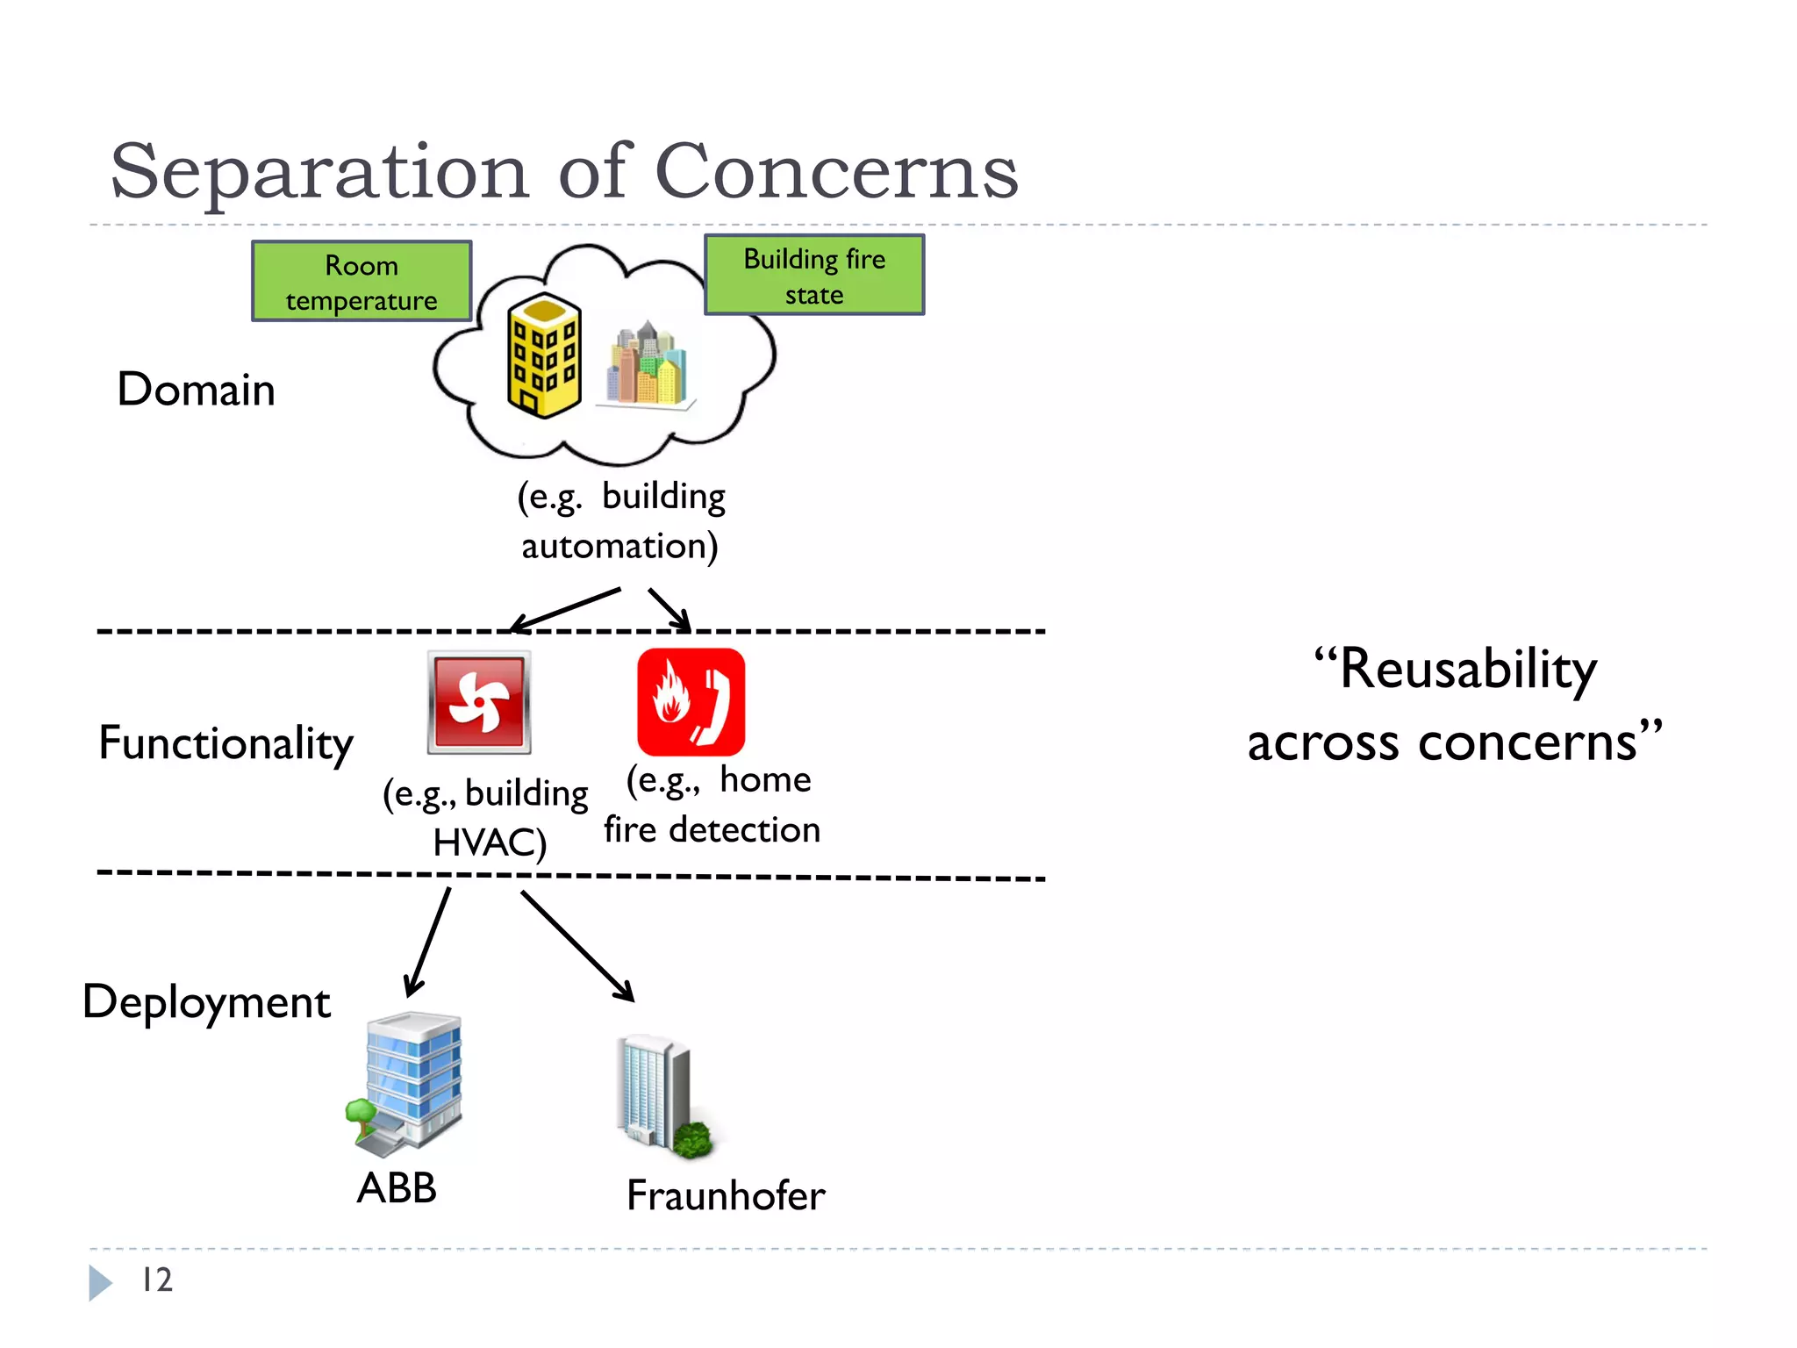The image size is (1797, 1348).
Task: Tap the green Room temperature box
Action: [362, 282]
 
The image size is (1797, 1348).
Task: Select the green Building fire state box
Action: [814, 276]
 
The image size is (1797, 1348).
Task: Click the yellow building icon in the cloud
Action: [544, 355]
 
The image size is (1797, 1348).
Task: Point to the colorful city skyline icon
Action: [648, 364]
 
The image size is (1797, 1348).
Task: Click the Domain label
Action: [196, 390]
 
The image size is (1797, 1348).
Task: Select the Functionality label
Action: [226, 743]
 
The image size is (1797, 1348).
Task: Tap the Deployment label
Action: [207, 1002]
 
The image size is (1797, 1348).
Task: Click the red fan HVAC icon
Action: [479, 702]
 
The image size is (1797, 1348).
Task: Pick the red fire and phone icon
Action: [691, 702]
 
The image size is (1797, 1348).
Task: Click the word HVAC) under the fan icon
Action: [490, 842]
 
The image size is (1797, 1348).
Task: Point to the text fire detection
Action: [712, 830]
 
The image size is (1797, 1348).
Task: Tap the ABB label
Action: [397, 1188]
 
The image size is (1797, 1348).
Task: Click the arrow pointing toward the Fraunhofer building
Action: [576, 945]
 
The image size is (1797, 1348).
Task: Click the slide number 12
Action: [157, 1280]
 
